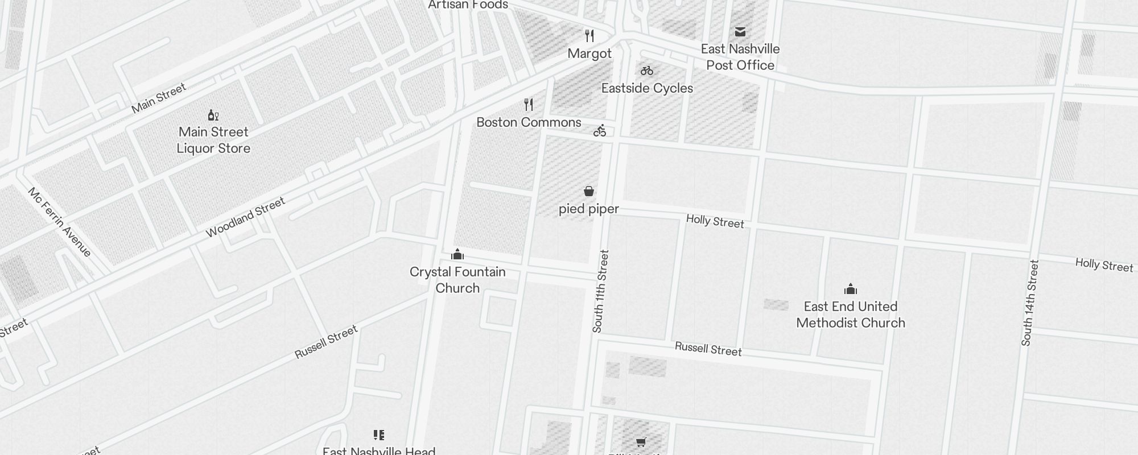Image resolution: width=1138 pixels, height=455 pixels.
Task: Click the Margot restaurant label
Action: pos(589,53)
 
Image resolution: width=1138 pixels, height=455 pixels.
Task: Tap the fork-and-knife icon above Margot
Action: pos(589,36)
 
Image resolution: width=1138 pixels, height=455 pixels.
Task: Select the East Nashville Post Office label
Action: pos(740,57)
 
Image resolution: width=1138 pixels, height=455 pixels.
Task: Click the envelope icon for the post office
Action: pos(740,31)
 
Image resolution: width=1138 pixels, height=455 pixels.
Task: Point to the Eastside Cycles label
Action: pos(647,88)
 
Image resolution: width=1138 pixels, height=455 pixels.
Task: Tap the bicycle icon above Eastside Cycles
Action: pos(647,71)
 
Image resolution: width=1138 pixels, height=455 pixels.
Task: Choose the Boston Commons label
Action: pos(529,122)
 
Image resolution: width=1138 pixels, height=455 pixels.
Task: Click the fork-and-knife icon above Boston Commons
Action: pos(529,105)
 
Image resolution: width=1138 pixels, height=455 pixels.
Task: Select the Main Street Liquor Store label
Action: pos(213,140)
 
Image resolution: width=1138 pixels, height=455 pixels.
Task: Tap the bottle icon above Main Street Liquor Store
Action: pos(213,115)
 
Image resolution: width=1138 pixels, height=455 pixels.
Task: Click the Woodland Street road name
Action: pos(245,217)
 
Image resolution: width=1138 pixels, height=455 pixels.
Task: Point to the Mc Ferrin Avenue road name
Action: pos(60,222)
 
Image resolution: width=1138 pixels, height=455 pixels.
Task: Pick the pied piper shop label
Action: pos(588,209)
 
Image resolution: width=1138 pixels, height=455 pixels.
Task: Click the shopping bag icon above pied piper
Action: pos(589,191)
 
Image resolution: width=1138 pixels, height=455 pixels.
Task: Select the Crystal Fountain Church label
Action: pos(457,280)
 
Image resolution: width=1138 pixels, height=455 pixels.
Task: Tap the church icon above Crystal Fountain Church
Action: pos(457,254)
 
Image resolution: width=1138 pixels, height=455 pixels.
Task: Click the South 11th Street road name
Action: pos(600,291)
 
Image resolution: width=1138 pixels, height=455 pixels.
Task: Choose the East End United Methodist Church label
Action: pos(850,315)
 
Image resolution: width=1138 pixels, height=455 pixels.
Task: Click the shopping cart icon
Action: pos(641,442)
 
